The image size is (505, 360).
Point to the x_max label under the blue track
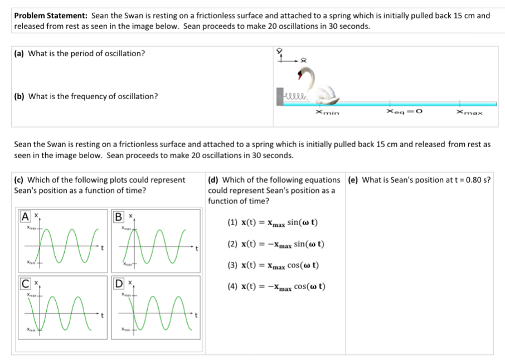469,113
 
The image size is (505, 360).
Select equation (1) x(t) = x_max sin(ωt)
273,223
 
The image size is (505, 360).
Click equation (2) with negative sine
276,245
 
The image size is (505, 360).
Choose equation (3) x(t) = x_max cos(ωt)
274,266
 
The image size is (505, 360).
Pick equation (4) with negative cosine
276,287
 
